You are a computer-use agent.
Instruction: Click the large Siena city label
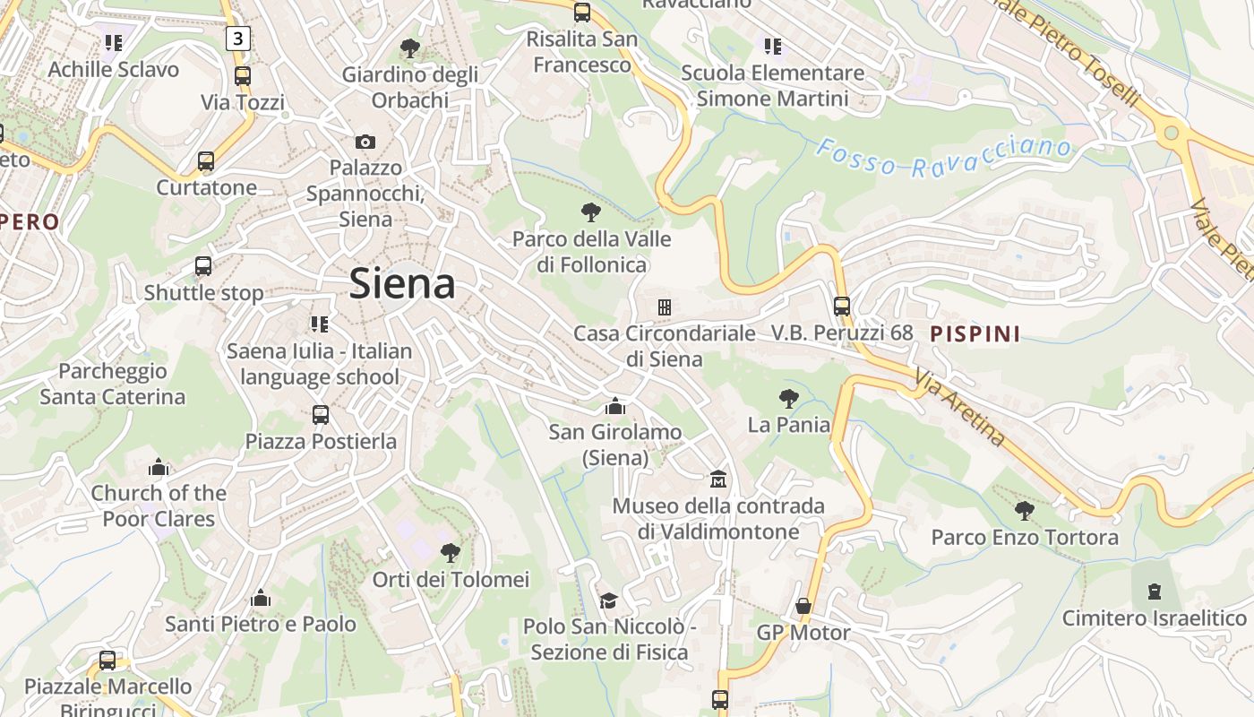[402, 284]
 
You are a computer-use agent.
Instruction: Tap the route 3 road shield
[236, 38]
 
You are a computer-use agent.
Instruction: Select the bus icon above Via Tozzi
[242, 76]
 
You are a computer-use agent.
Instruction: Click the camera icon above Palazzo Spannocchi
[365, 142]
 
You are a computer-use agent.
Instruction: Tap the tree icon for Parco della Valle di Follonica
[590, 212]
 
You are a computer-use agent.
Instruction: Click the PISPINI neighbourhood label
[975, 334]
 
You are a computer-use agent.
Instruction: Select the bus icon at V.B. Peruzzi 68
[841, 306]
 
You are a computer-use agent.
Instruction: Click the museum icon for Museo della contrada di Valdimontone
[717, 479]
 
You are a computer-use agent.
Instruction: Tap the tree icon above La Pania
[788, 399]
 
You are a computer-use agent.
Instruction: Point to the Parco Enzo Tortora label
[1025, 537]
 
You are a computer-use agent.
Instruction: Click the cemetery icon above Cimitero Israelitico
[1154, 592]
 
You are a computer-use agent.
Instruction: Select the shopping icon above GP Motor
[803, 607]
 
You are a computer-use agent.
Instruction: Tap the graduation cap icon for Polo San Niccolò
[609, 600]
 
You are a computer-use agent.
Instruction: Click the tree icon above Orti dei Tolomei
[451, 553]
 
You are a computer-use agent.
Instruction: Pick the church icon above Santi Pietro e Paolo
[261, 598]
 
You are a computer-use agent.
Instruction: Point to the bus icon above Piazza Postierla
[320, 415]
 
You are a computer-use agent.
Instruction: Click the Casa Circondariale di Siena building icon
[664, 307]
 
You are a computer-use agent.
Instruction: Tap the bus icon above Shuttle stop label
[203, 266]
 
